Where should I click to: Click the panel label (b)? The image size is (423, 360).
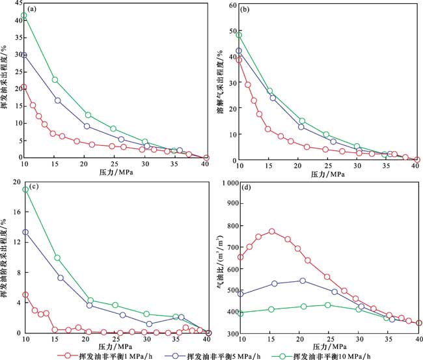[x=247, y=10]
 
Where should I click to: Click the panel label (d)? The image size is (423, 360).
[x=247, y=189]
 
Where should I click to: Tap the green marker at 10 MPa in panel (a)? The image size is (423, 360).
[x=24, y=16]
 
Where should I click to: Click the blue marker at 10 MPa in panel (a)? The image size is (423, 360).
[x=24, y=55]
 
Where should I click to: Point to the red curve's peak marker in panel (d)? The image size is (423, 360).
[x=271, y=231]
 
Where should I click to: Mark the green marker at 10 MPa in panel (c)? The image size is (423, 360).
[x=25, y=189]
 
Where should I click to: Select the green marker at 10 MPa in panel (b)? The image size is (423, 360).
[x=239, y=35]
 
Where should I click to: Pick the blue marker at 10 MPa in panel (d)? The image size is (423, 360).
[x=240, y=294]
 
